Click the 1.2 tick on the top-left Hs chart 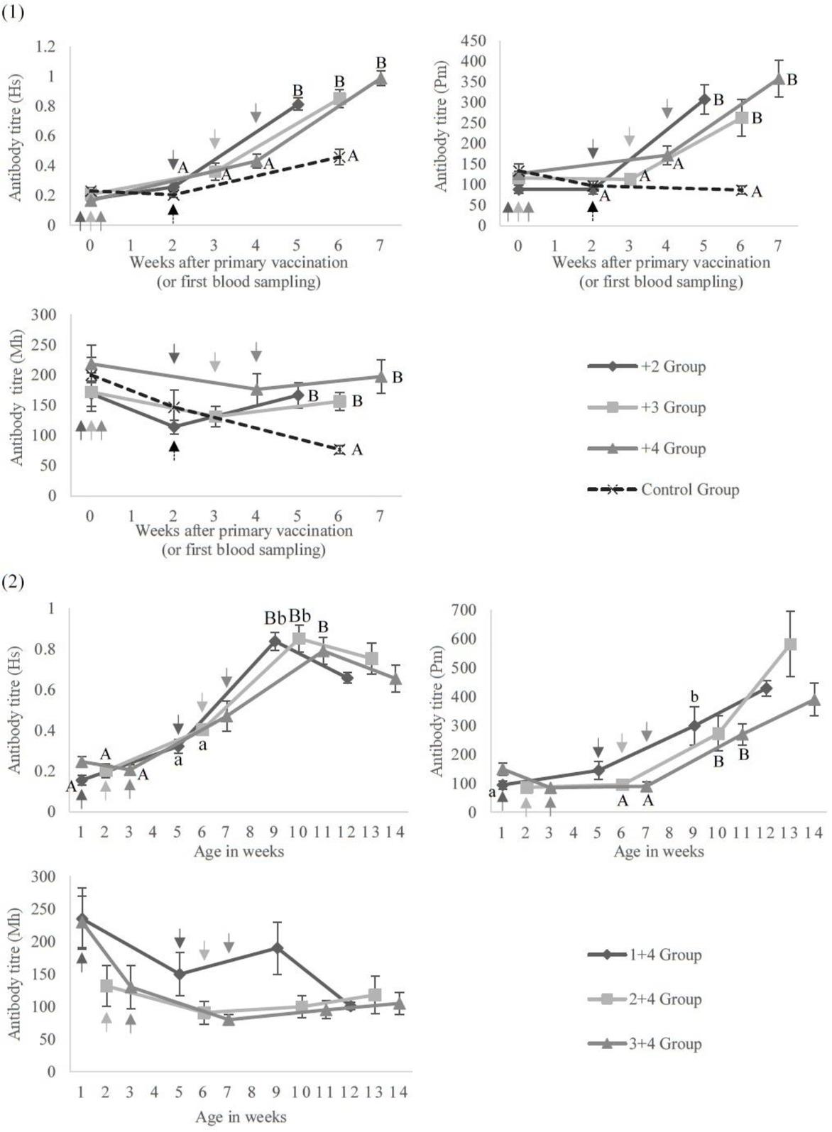click(x=45, y=47)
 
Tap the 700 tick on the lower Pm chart click(x=472, y=610)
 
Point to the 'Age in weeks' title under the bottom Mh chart click(x=241, y=1117)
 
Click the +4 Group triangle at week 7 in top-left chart click(x=381, y=78)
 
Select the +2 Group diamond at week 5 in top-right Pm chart click(x=704, y=99)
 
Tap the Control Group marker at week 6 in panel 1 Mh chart click(x=339, y=449)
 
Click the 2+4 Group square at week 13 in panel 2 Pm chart click(x=790, y=644)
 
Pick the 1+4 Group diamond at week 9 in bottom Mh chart click(x=277, y=948)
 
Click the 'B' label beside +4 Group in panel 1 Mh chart click(x=398, y=378)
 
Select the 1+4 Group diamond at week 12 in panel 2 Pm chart click(x=766, y=688)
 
